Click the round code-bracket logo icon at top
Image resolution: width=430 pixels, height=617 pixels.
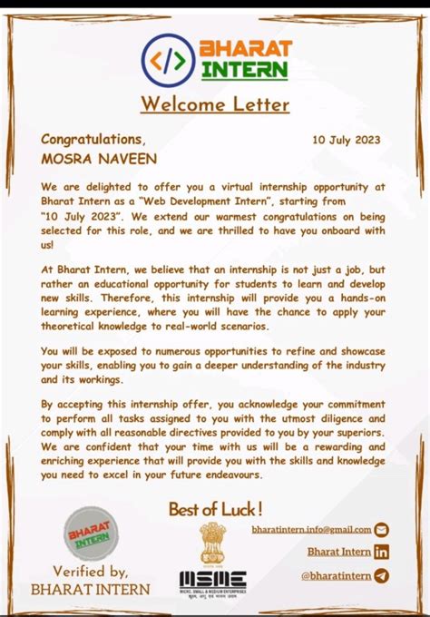[x=168, y=59]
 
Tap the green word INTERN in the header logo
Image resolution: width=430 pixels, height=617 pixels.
[x=245, y=69]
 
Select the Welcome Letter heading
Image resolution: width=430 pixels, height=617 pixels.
[x=215, y=104]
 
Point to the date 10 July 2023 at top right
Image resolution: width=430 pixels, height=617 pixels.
[x=346, y=141]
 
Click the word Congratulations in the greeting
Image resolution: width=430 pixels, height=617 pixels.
[x=93, y=139]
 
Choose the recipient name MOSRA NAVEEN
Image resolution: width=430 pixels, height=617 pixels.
[x=99, y=159]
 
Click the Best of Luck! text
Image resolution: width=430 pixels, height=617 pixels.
[x=216, y=510]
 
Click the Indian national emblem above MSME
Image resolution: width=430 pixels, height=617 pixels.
[x=212, y=542]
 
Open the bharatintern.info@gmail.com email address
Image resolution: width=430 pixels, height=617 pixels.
[x=311, y=529]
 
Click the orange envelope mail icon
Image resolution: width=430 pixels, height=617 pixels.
[x=381, y=530]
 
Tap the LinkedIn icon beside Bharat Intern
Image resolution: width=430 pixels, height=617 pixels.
[x=381, y=552]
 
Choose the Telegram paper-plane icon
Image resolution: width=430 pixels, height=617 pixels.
[x=381, y=575]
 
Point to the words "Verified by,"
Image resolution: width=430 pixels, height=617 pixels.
[x=90, y=571]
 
